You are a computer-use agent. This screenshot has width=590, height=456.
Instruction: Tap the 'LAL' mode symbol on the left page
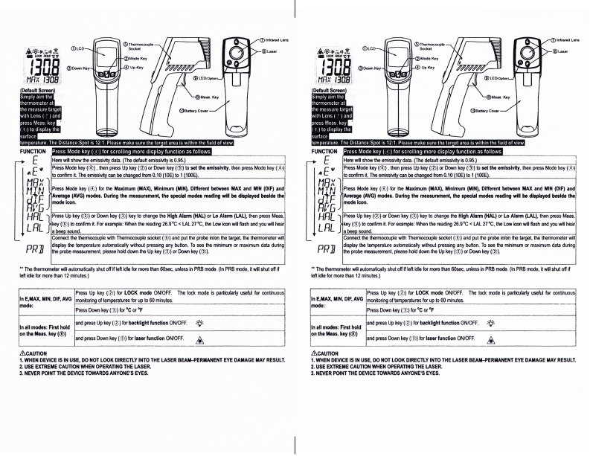click(24, 225)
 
